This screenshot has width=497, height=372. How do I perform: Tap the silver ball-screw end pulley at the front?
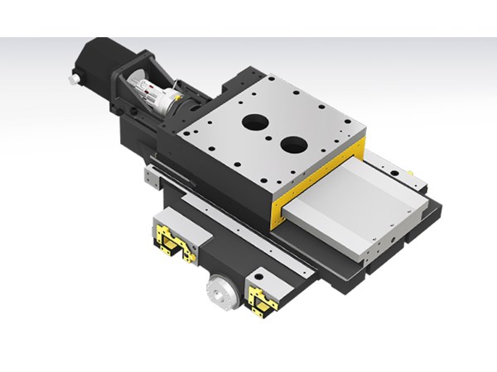(219, 290)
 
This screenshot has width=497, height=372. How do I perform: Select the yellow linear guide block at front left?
(174, 242)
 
